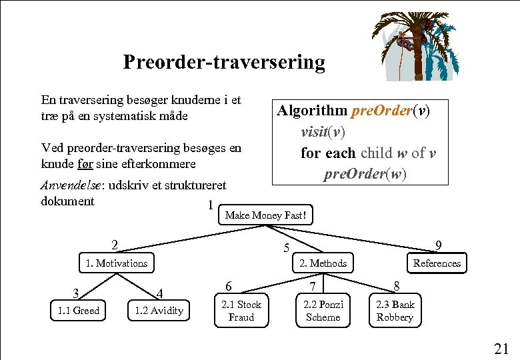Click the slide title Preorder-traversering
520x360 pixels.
[224, 62]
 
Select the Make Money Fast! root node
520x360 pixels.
[266, 215]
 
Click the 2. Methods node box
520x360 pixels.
[323, 263]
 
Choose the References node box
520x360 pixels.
[437, 263]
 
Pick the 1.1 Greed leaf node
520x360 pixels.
[79, 311]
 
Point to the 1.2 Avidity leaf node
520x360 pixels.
[159, 311]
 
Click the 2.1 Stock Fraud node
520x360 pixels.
[241, 311]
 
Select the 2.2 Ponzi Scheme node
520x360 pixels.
[323, 311]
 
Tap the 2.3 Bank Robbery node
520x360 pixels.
[395, 311]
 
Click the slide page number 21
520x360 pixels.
[501, 348]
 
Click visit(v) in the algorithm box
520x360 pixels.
[323, 131]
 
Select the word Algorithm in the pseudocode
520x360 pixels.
[312, 110]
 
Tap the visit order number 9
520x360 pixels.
[438, 245]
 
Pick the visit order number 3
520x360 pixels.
[77, 293]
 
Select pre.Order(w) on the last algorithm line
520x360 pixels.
[365, 174]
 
